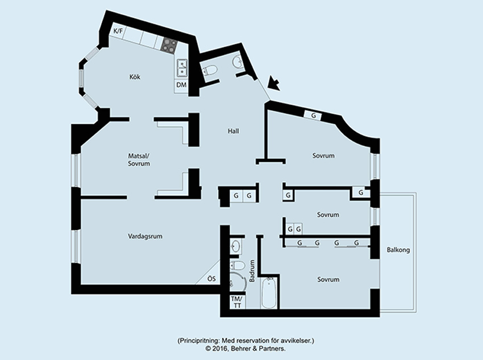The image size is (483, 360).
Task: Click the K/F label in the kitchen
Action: [x=118, y=31]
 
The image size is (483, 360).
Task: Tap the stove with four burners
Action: [x=169, y=45]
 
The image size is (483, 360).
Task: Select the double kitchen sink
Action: [x=182, y=68]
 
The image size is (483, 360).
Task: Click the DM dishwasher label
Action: [x=181, y=85]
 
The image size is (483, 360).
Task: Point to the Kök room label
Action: [x=135, y=77]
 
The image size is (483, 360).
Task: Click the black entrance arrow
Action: [x=273, y=83]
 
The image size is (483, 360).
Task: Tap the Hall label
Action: [x=234, y=131]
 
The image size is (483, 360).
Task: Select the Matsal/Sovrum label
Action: [x=139, y=160]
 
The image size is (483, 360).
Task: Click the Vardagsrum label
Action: [x=145, y=236]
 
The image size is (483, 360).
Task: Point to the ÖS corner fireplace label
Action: [x=211, y=279]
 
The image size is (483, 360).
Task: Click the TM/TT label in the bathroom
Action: [x=236, y=302]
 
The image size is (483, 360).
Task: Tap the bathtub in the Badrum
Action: [x=269, y=292]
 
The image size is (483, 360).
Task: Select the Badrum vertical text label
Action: [x=252, y=271]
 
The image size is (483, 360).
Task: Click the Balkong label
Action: [x=398, y=250]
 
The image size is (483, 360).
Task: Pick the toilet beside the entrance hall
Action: [x=210, y=71]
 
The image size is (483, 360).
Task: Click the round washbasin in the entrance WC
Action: [x=238, y=61]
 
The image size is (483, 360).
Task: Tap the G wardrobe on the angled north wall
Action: [x=313, y=116]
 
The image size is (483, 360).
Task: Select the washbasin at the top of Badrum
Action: [x=236, y=246]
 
